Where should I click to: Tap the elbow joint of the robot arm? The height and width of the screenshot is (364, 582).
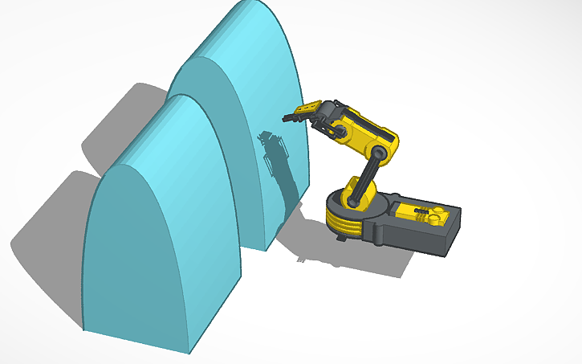click(383, 150)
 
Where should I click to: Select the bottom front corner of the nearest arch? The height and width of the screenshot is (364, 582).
click(190, 351)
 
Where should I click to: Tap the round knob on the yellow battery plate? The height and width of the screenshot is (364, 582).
click(436, 217)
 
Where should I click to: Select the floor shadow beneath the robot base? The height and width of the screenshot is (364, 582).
click(353, 257)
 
